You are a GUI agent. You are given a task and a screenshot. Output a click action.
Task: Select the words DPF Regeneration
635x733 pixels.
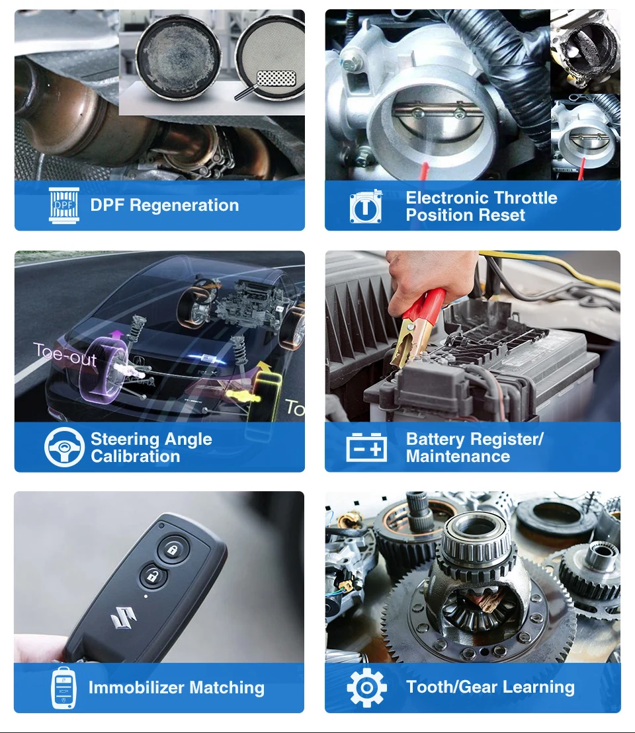164,205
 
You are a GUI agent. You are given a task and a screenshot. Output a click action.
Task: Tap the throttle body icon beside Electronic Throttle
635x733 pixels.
366,207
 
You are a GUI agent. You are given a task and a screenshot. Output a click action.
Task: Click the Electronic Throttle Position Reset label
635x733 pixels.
481,206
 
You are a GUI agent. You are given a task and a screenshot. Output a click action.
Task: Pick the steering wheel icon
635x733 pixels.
64,447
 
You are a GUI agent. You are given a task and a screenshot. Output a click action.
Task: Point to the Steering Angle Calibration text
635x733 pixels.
151,447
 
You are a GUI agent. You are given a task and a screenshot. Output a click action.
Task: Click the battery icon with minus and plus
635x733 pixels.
366,447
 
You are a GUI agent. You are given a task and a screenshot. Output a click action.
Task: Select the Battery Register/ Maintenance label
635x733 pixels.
474,447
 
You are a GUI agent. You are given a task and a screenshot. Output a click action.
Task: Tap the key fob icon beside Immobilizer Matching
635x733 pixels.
63,688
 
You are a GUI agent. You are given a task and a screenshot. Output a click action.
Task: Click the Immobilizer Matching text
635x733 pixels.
176,687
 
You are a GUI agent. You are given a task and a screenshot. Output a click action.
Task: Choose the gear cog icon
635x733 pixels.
366,688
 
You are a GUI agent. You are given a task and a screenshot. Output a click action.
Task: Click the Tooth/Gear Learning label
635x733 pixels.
490,687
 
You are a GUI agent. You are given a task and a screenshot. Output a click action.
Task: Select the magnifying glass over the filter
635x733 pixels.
271,82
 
